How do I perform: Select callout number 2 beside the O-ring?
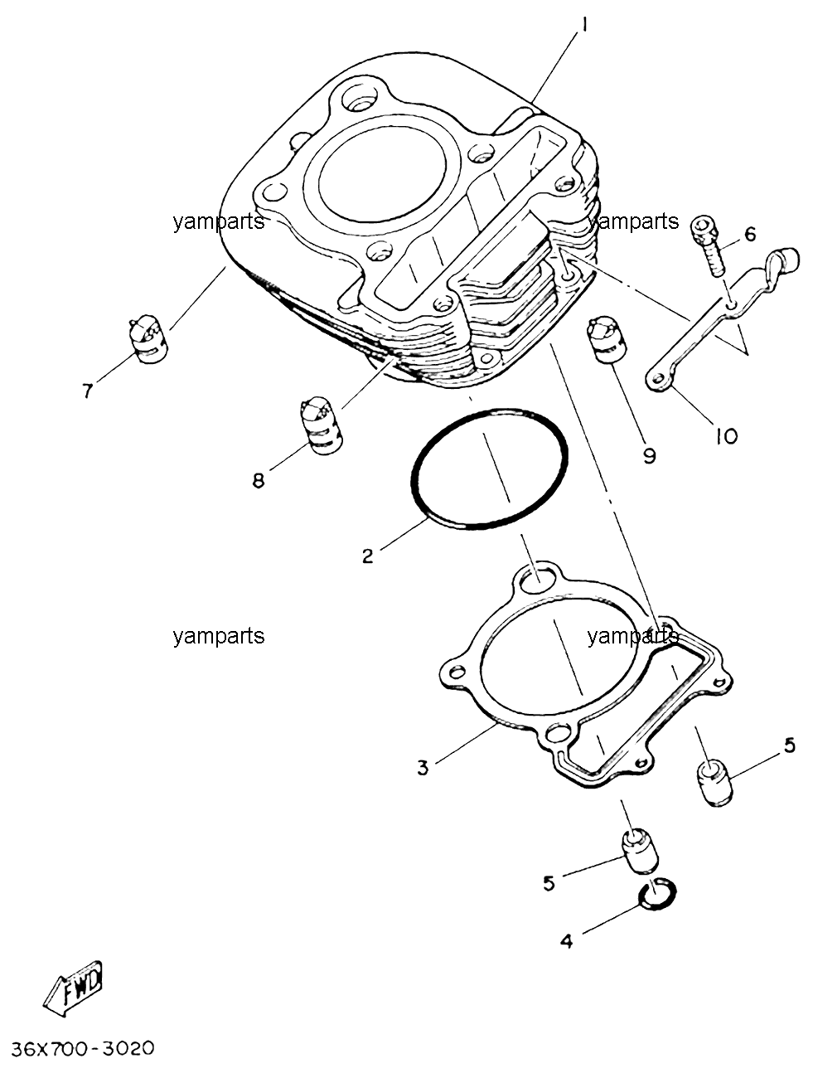[367, 556]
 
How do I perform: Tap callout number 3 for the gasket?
[423, 768]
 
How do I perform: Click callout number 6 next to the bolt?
[749, 234]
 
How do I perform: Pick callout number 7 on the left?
[88, 391]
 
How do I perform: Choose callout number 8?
[258, 481]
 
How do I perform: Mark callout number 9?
[649, 457]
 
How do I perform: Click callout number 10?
[726, 436]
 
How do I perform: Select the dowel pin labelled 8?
[322, 425]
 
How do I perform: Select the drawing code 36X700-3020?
[83, 1048]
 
